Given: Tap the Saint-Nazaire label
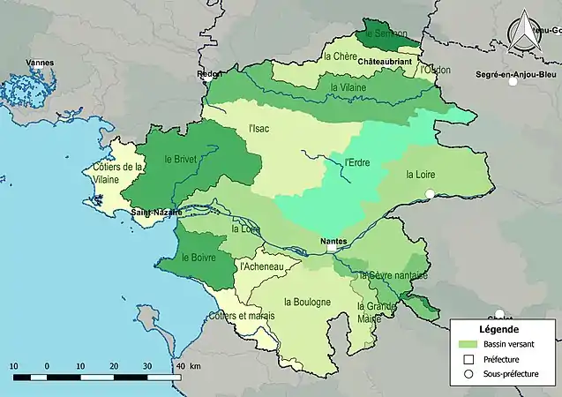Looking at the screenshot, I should [156, 213].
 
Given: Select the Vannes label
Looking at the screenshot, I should [40, 63].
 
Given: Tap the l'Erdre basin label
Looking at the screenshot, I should [357, 162].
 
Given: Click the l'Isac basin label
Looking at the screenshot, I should [259, 129].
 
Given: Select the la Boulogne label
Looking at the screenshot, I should [307, 302].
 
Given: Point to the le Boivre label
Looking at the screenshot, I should [199, 258].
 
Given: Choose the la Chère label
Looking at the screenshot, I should [340, 56].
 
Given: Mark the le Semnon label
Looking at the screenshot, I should [387, 33].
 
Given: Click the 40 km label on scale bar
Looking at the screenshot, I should [187, 365].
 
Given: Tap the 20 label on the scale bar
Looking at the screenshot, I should [114, 365].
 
